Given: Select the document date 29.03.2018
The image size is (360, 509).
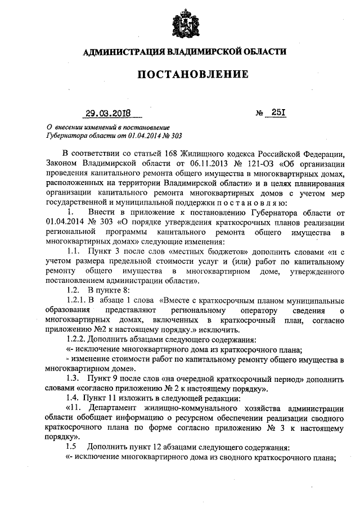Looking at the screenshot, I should [108, 113].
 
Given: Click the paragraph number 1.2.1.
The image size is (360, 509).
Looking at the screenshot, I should [77, 300].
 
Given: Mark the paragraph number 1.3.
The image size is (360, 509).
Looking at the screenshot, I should [73, 379].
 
